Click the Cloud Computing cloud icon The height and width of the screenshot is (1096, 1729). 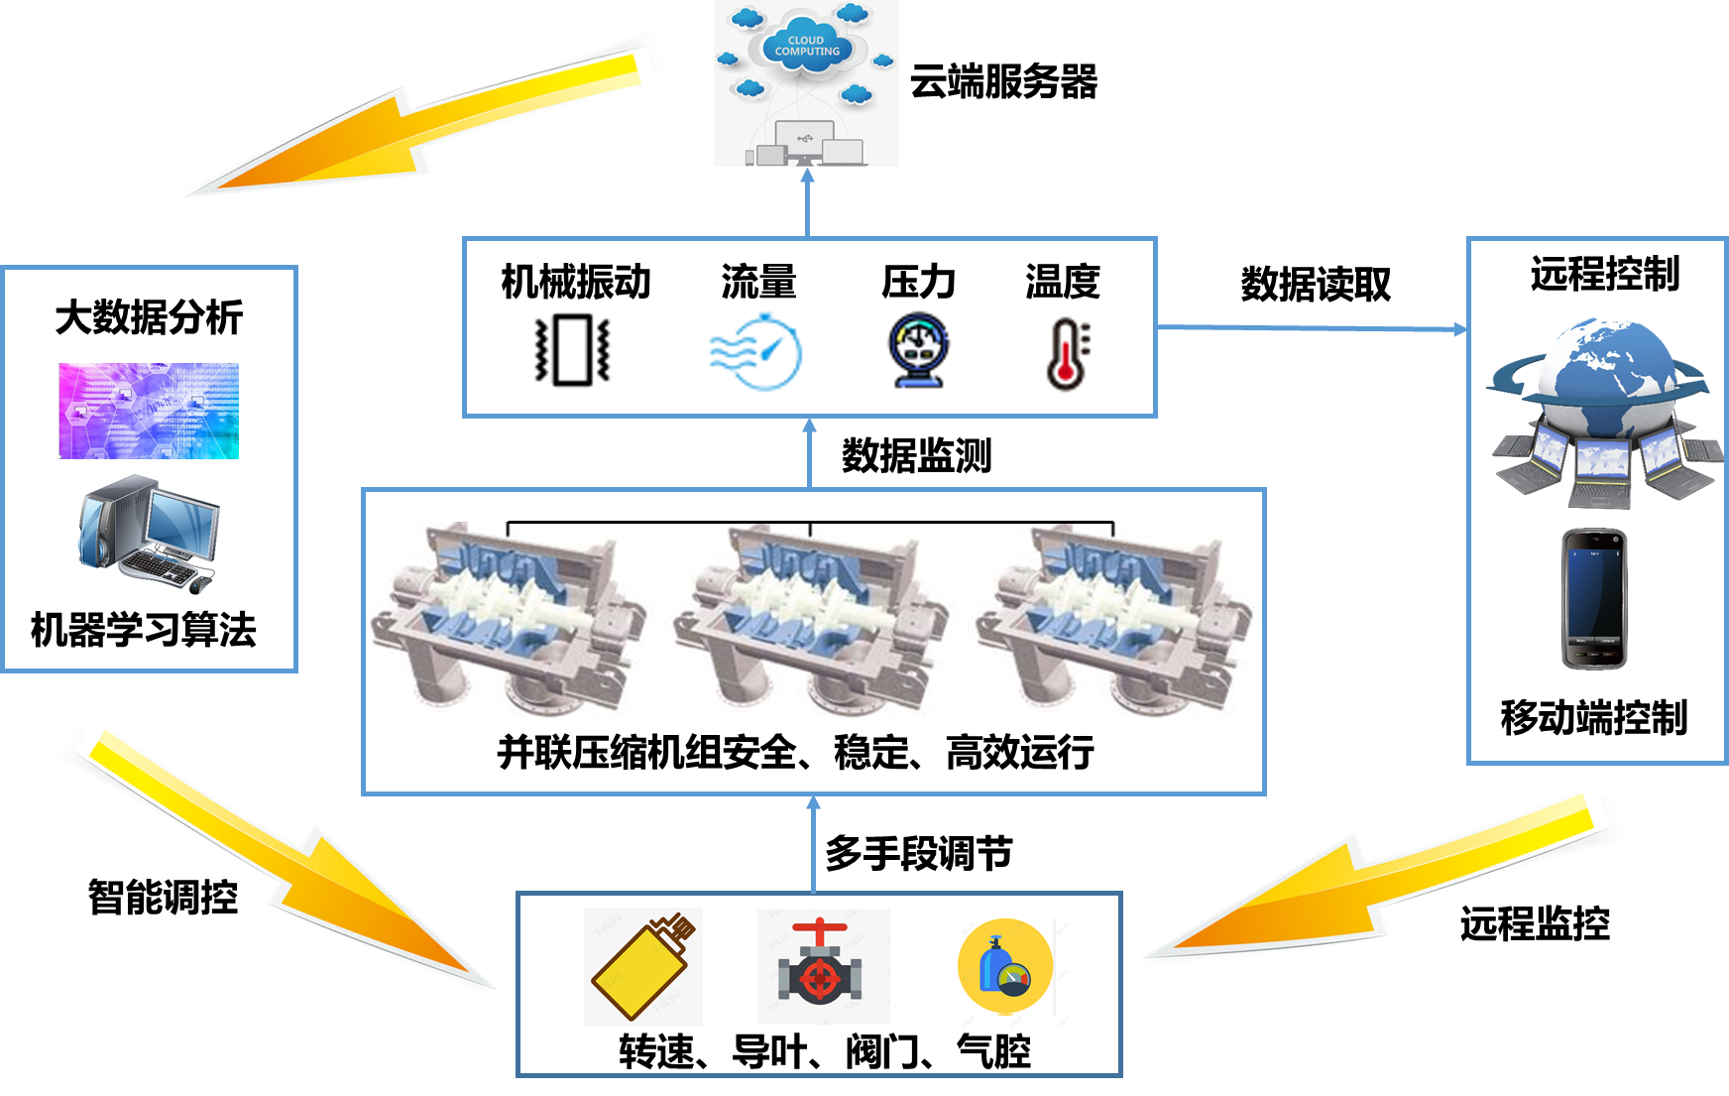coord(807,46)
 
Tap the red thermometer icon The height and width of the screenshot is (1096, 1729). coord(1064,351)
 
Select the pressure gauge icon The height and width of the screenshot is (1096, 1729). coord(918,350)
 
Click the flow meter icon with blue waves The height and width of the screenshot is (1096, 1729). coord(759,351)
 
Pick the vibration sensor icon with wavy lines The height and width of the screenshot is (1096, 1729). coord(566,350)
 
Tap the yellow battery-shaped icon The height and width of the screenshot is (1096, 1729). coord(642,966)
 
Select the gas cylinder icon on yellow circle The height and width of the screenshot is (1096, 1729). coord(1005,966)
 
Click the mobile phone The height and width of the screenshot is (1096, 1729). coord(1594,599)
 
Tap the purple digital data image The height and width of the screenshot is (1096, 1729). coord(149,411)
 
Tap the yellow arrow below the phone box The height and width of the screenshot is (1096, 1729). coord(1388,883)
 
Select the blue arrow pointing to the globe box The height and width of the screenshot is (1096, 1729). coord(1309,328)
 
